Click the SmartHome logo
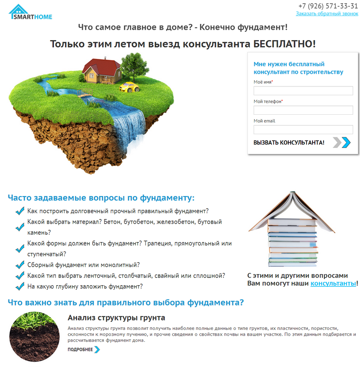[30, 12]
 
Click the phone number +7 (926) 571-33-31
[328, 6]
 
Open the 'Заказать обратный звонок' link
[327, 14]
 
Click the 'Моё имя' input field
[303, 91]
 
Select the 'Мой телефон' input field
[303, 110]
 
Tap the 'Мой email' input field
[303, 130]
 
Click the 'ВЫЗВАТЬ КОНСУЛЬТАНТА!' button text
[289, 143]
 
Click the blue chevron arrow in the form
[345, 143]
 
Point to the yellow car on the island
[129, 87]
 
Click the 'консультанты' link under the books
[333, 283]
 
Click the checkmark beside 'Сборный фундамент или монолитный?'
[20, 265]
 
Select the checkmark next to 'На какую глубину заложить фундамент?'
[20, 286]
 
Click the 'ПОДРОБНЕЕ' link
[80, 349]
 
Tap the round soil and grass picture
[34, 337]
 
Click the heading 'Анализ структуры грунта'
[116, 318]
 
